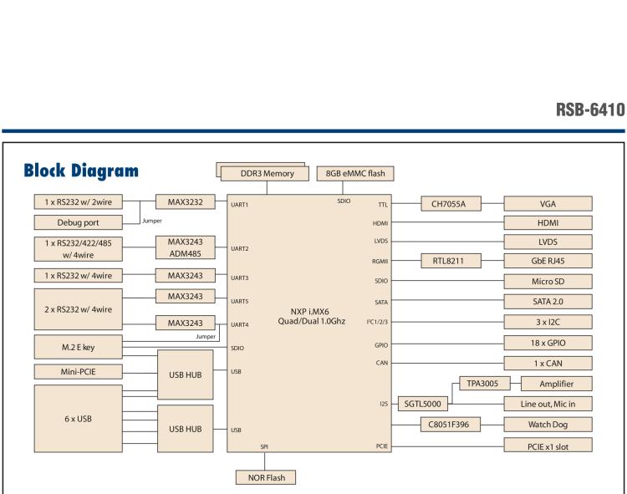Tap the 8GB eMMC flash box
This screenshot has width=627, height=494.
355,174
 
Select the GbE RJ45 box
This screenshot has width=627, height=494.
548,260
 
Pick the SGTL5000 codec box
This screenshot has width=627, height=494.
423,404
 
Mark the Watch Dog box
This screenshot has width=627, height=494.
548,425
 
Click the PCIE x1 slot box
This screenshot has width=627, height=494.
548,446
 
